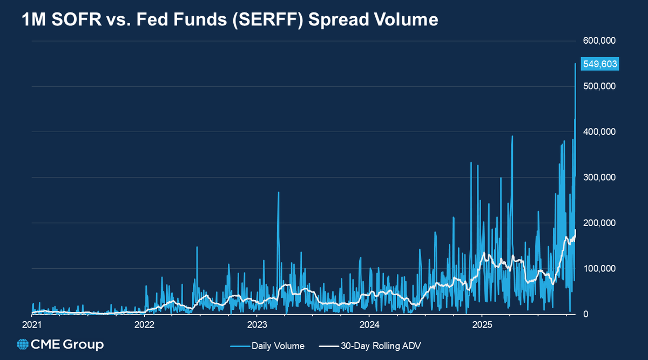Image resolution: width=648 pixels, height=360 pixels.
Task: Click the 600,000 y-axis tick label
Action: tap(599, 40)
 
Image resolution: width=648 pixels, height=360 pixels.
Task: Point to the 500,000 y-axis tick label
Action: tap(599, 86)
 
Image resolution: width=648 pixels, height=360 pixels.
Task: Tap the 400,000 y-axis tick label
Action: tap(599, 132)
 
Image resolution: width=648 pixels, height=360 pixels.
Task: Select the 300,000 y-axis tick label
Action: tap(599, 178)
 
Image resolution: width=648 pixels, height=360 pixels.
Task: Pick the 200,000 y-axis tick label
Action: tap(599, 223)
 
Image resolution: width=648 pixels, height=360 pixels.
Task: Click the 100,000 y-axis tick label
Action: tap(599, 269)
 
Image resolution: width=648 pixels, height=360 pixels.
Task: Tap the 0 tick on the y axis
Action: tap(585, 314)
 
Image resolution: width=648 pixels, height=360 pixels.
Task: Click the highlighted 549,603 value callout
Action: tap(599, 64)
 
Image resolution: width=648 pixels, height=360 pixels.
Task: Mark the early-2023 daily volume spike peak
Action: tap(279, 192)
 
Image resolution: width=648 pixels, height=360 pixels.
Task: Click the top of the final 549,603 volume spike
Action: tap(575, 64)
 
